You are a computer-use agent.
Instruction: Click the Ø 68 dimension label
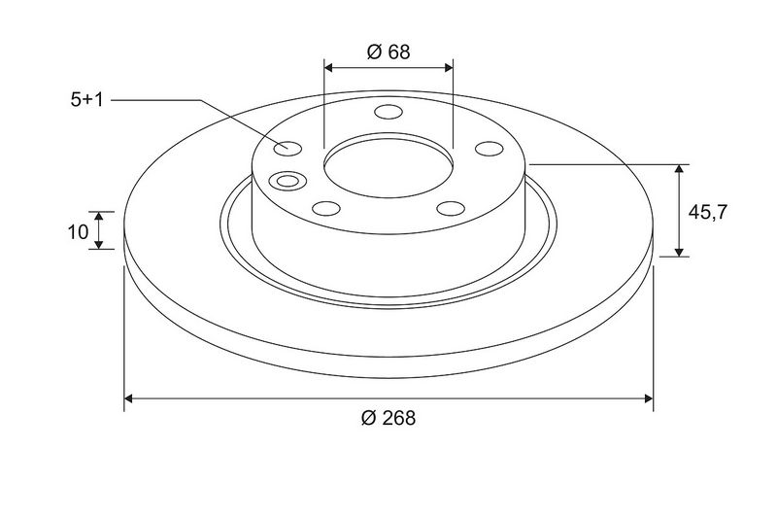(388, 52)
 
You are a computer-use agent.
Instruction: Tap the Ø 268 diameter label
(388, 418)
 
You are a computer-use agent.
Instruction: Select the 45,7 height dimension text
(707, 212)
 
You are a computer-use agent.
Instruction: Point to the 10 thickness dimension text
(78, 231)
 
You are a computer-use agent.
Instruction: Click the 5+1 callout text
(86, 100)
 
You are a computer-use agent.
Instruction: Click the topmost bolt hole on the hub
(388, 112)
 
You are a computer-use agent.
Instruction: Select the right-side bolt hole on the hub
(490, 149)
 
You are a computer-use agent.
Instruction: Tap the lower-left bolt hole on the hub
(326, 208)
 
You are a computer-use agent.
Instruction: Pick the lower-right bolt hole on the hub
(451, 208)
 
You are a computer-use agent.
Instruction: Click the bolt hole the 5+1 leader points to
(287, 149)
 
